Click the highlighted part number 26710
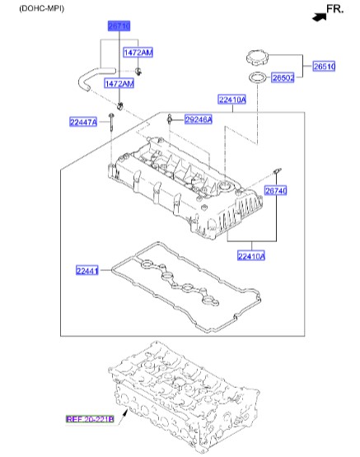[x=115, y=26]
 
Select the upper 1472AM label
[x=138, y=53]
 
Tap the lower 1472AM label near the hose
[x=119, y=84]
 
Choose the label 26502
[x=283, y=77]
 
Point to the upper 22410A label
[x=232, y=100]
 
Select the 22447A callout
[x=83, y=122]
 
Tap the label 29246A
[x=198, y=119]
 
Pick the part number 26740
[x=275, y=190]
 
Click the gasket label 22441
[x=87, y=269]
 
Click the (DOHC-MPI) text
[x=34, y=7]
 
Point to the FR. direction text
[x=336, y=9]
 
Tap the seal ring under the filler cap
[x=258, y=79]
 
